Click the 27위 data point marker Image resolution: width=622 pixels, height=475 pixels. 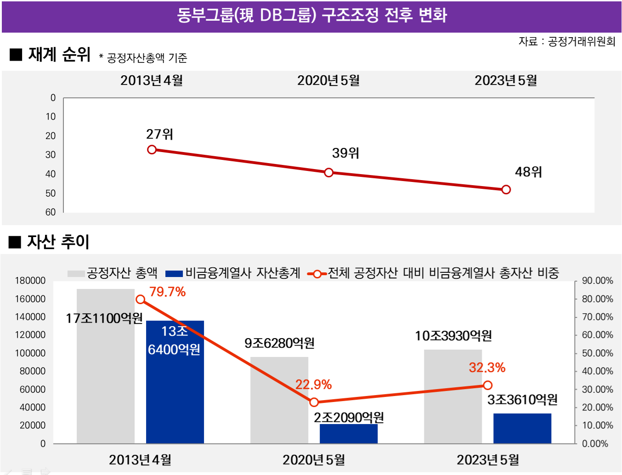coord(152,149)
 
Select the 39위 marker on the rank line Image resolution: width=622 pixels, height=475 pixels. coord(329,173)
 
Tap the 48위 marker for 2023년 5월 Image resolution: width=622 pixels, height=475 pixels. coord(506,189)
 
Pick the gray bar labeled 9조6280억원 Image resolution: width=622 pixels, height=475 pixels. coord(279,400)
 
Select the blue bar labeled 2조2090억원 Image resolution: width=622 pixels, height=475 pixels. coord(349,434)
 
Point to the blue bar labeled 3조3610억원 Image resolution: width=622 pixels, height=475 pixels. coord(522,428)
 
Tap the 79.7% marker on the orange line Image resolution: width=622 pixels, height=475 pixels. coord(141,300)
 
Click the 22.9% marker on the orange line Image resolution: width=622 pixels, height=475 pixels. coord(314,402)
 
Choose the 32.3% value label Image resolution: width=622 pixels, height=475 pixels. coord(487,368)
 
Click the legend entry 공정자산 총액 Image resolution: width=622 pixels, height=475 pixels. coord(113,273)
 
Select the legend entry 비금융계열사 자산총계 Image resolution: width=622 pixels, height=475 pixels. coord(232,273)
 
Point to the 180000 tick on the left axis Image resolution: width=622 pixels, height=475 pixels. coord(30,281)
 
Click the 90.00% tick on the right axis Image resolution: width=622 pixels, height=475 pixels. coord(597,281)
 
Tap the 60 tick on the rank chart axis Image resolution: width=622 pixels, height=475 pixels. coord(51,212)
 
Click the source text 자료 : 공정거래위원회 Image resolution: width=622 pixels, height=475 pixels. coord(567,41)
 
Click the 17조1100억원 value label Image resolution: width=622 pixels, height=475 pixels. coord(104,318)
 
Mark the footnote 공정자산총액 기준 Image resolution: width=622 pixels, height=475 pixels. coord(143,58)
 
